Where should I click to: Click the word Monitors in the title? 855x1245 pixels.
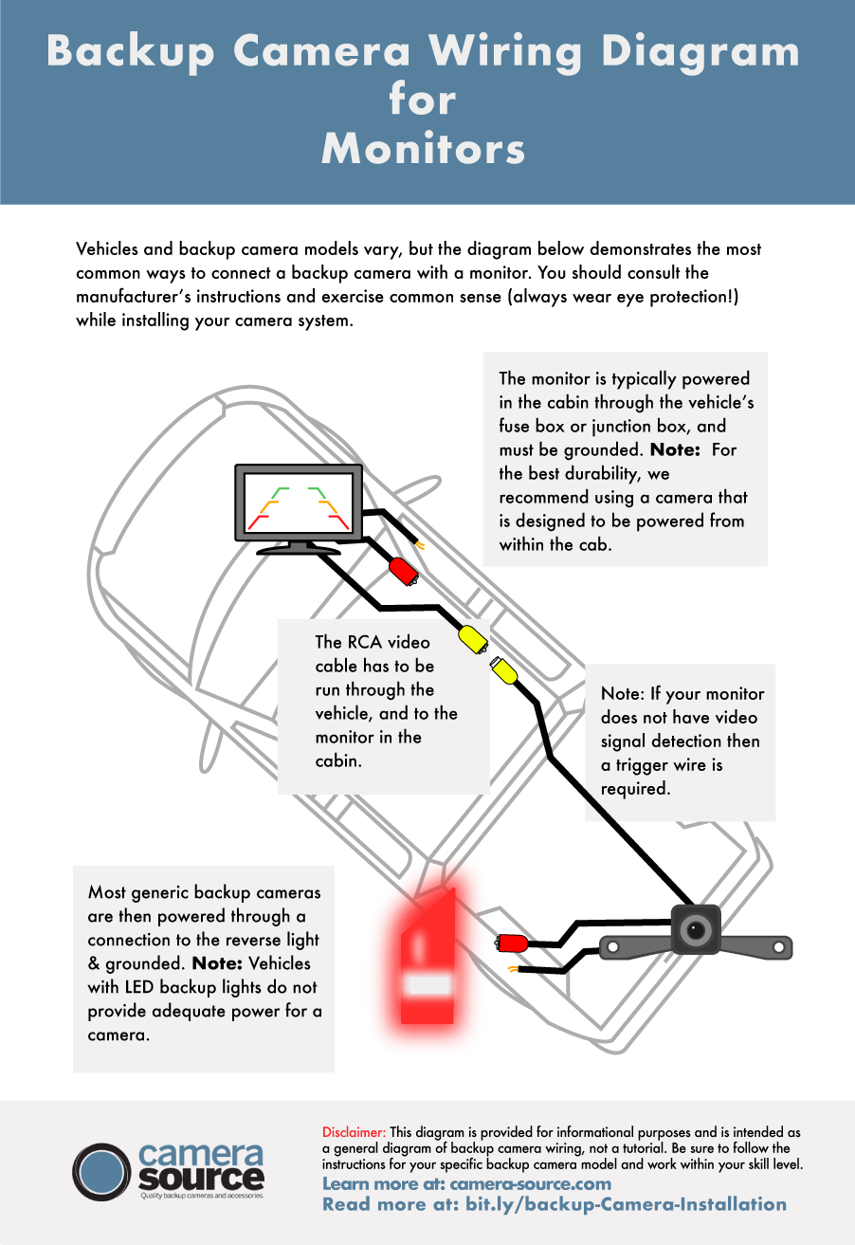[423, 149]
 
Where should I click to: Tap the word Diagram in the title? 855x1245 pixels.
[699, 52]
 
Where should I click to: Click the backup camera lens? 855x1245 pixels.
[696, 931]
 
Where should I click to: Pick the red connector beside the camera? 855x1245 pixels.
[513, 943]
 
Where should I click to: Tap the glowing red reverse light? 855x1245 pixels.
[429, 958]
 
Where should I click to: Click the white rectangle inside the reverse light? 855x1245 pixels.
[427, 984]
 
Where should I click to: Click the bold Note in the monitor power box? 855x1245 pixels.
[674, 449]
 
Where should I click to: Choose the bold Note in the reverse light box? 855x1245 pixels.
[218, 963]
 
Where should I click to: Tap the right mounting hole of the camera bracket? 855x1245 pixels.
[780, 946]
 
